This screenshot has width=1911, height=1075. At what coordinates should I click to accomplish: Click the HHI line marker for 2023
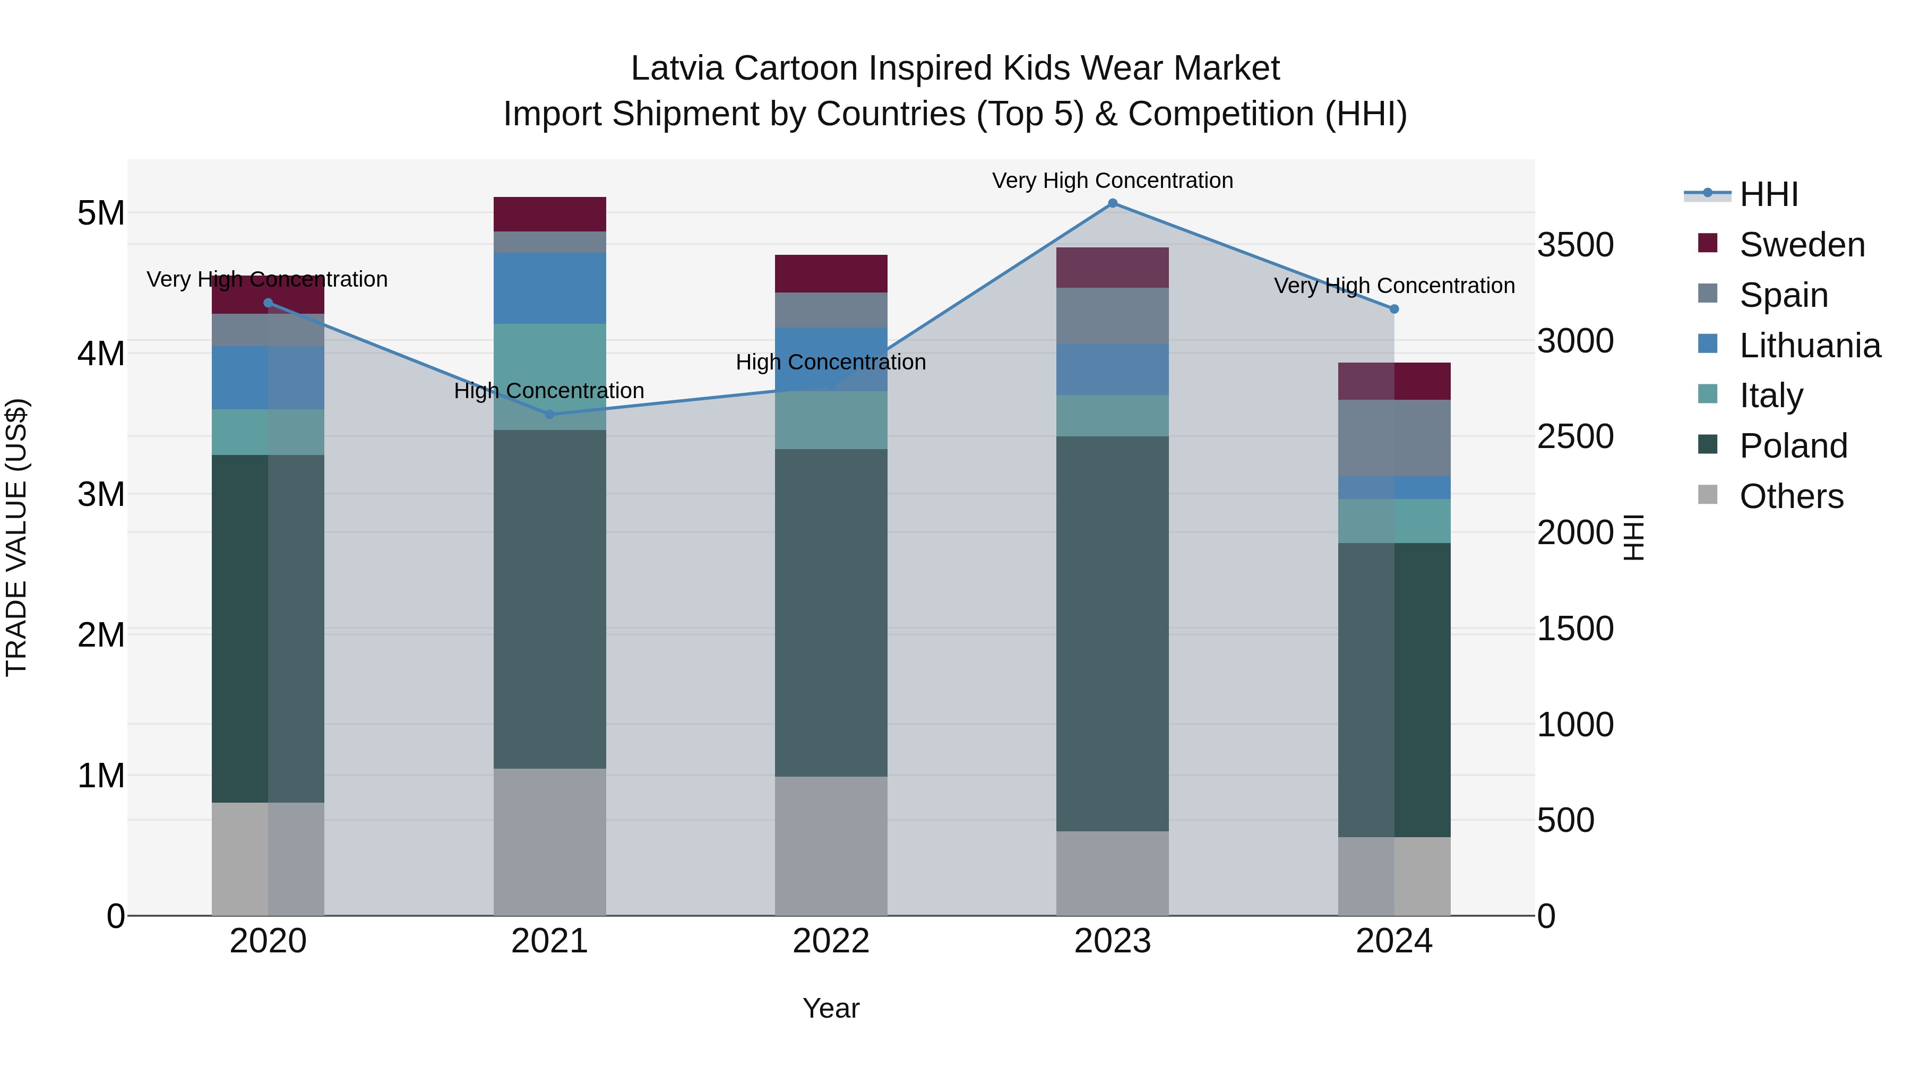(1112, 203)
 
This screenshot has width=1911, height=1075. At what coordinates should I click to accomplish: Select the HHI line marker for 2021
(550, 414)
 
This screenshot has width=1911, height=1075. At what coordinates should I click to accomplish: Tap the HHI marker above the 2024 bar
(1394, 308)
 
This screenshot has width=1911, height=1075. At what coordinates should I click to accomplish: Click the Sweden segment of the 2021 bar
(550, 214)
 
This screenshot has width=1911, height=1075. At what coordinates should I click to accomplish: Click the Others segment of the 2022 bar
(831, 846)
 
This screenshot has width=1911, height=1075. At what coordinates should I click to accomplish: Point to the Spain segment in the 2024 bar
(1394, 438)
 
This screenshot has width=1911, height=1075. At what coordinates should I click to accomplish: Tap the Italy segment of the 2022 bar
(831, 420)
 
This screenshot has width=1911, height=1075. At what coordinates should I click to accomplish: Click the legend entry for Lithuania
(1810, 346)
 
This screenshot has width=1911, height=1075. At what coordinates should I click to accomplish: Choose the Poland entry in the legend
(1793, 446)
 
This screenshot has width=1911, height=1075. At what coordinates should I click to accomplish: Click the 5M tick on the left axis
(101, 213)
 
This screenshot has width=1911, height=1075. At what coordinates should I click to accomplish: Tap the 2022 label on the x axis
(831, 941)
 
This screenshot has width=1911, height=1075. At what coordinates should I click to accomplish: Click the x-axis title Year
(831, 1008)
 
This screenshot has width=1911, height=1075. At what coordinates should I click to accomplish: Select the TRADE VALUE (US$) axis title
(16, 537)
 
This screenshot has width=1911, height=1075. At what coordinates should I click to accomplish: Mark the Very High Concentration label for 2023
(1112, 180)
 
